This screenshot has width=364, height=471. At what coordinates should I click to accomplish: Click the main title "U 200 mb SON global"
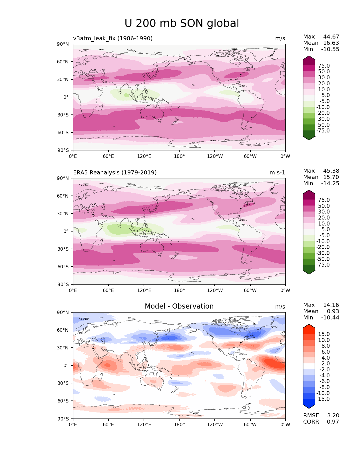(182, 23)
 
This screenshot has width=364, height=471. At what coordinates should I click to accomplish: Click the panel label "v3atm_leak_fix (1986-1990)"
(113, 38)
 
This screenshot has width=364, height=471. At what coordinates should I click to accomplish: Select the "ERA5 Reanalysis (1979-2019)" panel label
(115, 172)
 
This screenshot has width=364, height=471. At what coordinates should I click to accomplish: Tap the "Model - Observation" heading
(179, 306)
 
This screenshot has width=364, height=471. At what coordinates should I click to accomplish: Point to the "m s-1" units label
(277, 172)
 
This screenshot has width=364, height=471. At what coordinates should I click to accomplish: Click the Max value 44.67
(331, 37)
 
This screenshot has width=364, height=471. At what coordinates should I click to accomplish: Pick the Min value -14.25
(330, 183)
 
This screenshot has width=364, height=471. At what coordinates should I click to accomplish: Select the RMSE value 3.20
(333, 415)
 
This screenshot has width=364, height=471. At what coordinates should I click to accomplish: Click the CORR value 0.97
(333, 422)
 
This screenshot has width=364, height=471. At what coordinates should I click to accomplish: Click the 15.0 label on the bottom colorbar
(324, 334)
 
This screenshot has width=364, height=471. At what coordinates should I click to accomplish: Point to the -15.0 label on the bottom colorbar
(323, 399)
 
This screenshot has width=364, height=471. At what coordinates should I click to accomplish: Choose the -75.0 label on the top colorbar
(323, 130)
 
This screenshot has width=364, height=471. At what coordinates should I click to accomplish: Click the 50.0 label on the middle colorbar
(324, 206)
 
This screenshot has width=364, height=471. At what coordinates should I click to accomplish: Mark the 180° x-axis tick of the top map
(179, 156)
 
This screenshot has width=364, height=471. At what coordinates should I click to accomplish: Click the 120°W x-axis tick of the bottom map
(215, 424)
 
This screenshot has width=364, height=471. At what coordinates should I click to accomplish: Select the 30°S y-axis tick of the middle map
(63, 249)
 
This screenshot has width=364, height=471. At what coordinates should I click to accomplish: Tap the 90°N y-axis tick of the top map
(63, 44)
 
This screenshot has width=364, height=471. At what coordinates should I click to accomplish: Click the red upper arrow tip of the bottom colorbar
(309, 326)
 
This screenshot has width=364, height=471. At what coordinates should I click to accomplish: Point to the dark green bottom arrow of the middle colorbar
(309, 272)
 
